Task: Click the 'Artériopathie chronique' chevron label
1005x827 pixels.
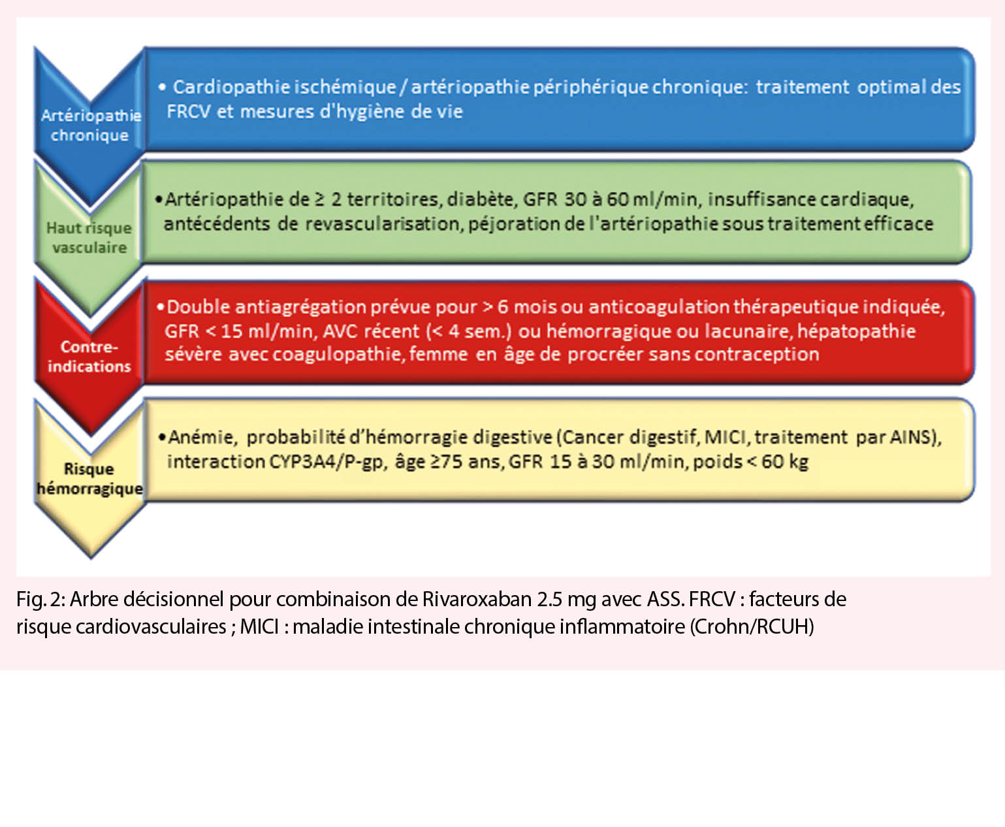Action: click(x=90, y=125)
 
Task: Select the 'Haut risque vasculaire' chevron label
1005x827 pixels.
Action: click(x=89, y=238)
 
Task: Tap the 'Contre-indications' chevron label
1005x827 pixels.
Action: click(x=89, y=357)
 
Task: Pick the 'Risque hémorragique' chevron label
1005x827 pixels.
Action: click(x=89, y=479)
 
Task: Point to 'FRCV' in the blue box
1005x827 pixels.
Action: click(x=188, y=112)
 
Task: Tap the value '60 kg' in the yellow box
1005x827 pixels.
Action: click(x=784, y=462)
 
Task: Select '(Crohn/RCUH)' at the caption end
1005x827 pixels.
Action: click(x=751, y=626)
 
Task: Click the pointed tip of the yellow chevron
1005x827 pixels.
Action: click(x=91, y=557)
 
